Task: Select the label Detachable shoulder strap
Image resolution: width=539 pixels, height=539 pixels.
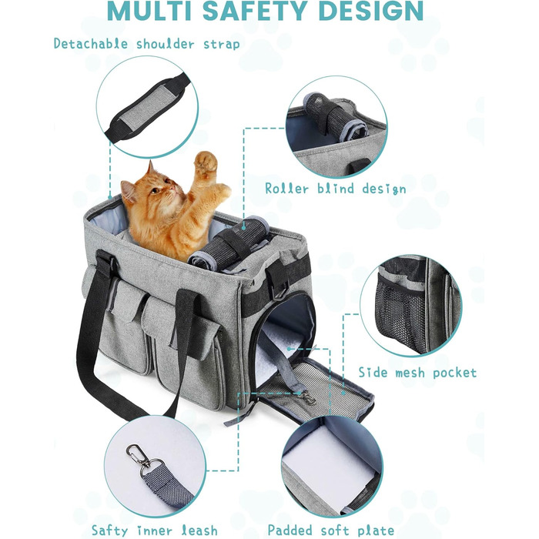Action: (147, 44)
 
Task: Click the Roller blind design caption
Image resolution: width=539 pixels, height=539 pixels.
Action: (335, 189)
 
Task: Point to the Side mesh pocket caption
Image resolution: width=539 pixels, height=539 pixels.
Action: (417, 373)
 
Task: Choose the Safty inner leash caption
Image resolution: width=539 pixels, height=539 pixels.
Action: (154, 530)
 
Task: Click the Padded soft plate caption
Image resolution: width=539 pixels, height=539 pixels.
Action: (330, 530)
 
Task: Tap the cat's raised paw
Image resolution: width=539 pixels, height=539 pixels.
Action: (206, 162)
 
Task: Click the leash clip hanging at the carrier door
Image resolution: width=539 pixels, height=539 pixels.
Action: (308, 397)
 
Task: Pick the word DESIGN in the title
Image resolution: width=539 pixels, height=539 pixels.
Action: (371, 11)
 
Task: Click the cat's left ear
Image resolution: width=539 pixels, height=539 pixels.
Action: (150, 169)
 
